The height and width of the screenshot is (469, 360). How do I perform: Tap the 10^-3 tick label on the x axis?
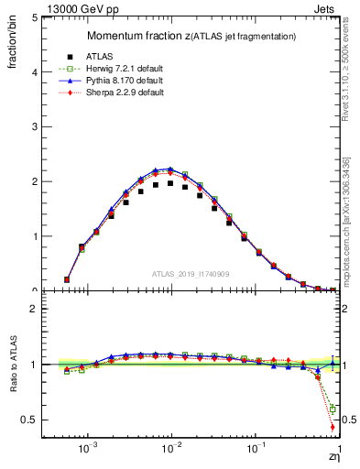click(88, 450)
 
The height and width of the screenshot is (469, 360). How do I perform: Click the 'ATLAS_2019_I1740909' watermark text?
click(190, 274)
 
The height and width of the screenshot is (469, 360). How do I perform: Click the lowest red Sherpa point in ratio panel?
click(332, 427)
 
